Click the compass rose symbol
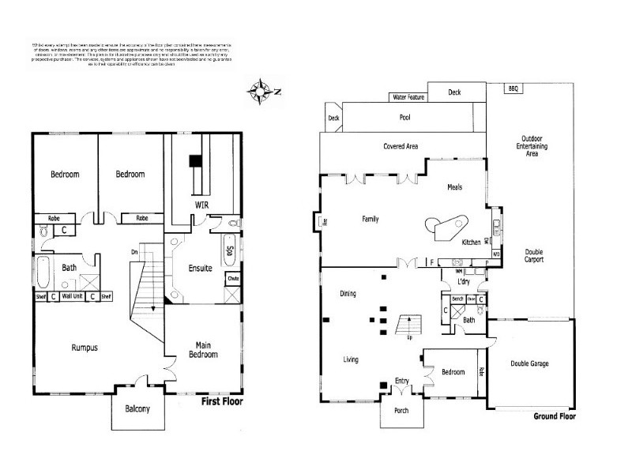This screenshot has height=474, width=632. pyautogui.click(x=260, y=91)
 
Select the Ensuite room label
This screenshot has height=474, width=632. pyautogui.click(x=201, y=269)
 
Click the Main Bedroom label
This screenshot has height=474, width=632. pyautogui.click(x=202, y=349)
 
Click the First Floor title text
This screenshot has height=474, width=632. pyautogui.click(x=221, y=401)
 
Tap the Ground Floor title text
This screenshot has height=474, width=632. pyautogui.click(x=555, y=416)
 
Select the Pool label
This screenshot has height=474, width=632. pyautogui.click(x=405, y=118)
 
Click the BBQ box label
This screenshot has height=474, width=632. pyautogui.click(x=513, y=89)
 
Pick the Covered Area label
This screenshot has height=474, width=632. pyautogui.click(x=401, y=146)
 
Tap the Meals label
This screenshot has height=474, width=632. pyautogui.click(x=454, y=187)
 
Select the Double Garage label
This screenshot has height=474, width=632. pyautogui.click(x=529, y=363)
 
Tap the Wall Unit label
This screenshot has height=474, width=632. pyautogui.click(x=73, y=297)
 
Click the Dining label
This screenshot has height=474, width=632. pyautogui.click(x=348, y=294)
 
